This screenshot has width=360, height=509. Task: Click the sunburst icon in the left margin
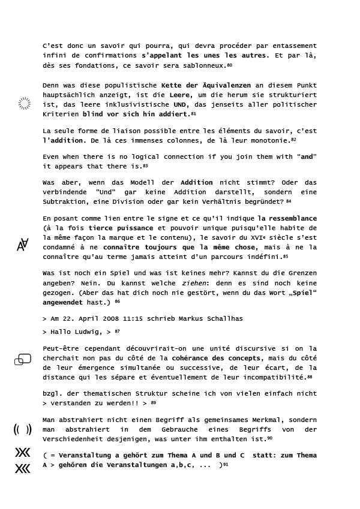click(25, 104)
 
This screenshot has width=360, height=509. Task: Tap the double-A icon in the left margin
click(23, 245)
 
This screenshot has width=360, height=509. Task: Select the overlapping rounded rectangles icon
click(23, 359)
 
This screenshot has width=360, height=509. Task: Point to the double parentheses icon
click(23, 429)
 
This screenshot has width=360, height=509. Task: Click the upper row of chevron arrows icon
click(23, 453)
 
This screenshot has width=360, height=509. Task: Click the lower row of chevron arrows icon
click(23, 469)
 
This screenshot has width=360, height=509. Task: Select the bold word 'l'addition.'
click(64, 140)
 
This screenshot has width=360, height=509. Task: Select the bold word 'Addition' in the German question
click(196, 182)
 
